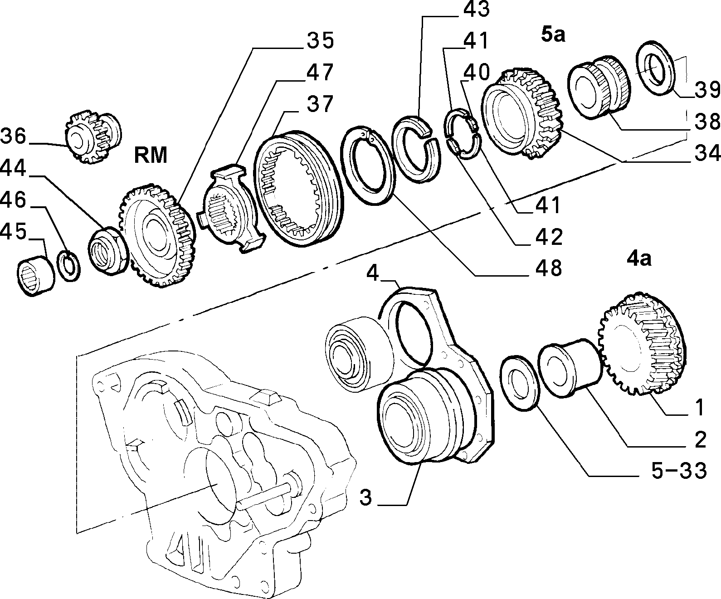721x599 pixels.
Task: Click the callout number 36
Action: coord(13,136)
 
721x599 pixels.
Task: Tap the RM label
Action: coord(151,155)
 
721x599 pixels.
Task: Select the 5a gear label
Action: coord(553,35)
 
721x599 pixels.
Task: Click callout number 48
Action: coord(549,268)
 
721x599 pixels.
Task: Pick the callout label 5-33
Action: coord(679,471)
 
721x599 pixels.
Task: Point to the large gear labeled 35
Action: coord(157,236)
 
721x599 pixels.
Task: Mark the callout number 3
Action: coord(365,497)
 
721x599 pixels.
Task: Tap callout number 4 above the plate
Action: coord(373,273)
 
